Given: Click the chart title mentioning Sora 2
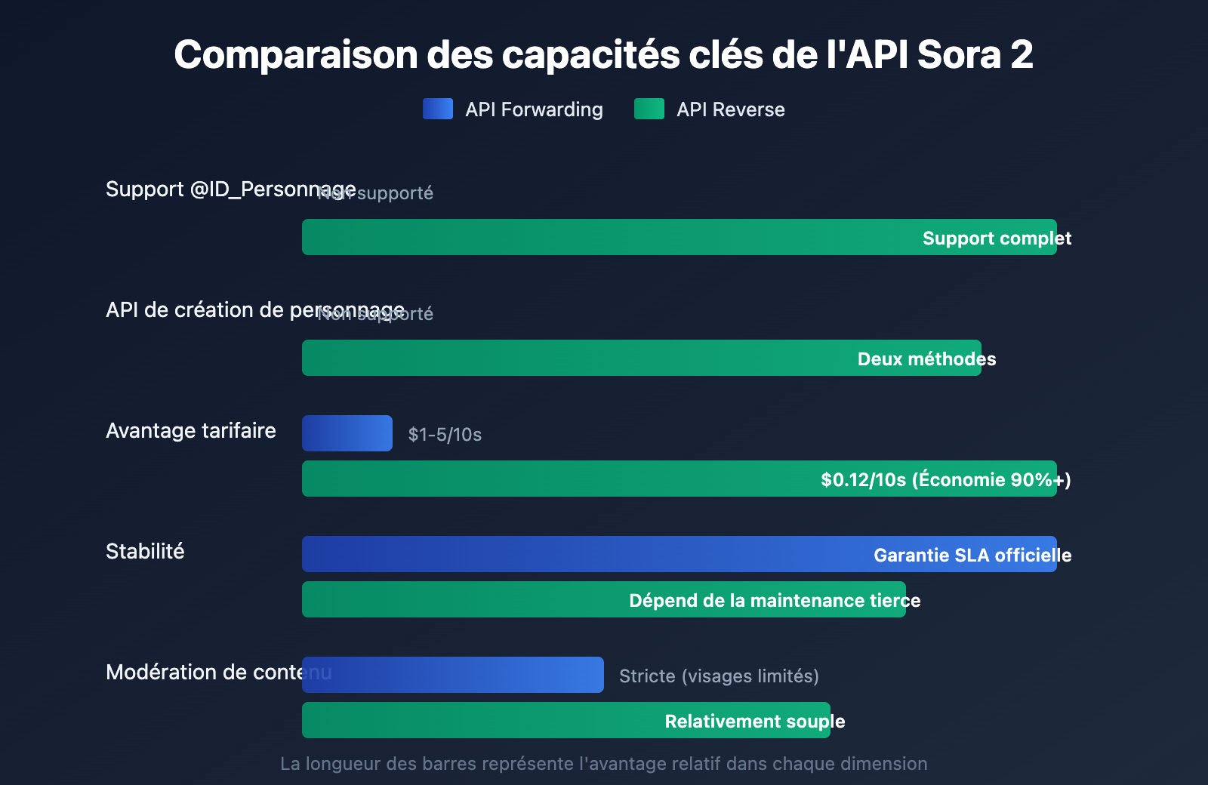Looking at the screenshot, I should (603, 54).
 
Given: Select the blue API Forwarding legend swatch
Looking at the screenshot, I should (438, 109).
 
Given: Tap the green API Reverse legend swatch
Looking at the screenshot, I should (649, 109).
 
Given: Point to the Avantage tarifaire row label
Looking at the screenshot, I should (191, 430).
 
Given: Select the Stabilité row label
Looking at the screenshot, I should (145, 551).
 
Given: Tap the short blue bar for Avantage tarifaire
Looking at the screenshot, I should (347, 433).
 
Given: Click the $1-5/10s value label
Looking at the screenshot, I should (445, 434).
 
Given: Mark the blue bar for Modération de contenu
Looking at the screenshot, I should (453, 675).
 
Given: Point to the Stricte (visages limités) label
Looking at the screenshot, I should (719, 676).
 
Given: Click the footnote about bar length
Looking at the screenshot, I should (603, 764).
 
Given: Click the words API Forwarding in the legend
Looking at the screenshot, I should (534, 109).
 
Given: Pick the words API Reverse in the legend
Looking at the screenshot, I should (730, 109).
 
